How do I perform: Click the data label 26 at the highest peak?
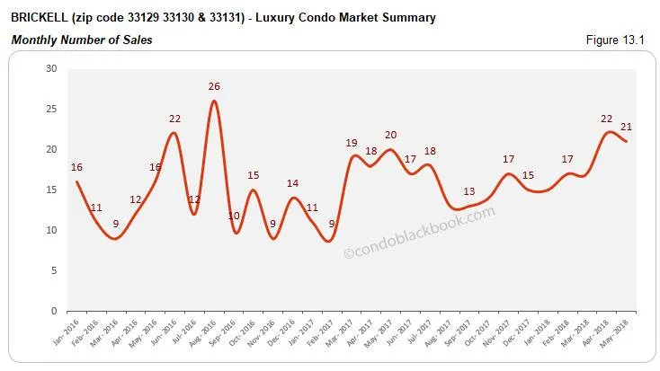[x=213, y=86]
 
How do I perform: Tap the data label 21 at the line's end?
[x=627, y=127]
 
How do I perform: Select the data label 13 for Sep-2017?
[x=469, y=191]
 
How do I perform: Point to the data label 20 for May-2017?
[x=389, y=135]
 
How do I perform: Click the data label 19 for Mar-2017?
[x=352, y=143]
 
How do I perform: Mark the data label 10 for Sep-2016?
[x=234, y=216]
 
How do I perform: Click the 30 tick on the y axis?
[x=51, y=68]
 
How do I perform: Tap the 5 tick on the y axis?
[x=54, y=270]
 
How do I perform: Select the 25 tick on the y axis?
[x=51, y=109]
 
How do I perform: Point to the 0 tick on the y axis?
[x=54, y=311]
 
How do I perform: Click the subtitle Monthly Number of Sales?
[x=82, y=40]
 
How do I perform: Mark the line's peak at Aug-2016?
[x=213, y=101]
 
